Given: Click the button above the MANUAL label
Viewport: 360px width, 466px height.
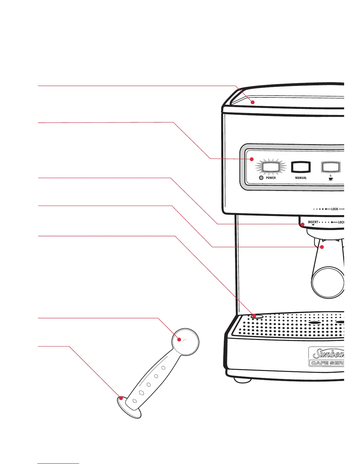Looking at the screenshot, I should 301,167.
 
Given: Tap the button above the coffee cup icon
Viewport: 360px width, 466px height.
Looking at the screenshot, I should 331,167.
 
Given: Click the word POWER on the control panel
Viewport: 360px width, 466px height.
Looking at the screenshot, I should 271,178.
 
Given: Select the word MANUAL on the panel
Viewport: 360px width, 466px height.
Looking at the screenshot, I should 301,178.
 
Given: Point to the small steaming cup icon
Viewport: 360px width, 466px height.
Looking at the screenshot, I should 331,178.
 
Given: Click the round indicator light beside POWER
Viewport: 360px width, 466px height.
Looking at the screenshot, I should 261,178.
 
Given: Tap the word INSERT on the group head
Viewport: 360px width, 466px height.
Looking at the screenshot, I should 313,222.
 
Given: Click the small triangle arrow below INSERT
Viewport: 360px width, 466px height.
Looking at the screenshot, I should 313,225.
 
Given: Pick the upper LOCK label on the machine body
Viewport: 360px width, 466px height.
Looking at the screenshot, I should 335,209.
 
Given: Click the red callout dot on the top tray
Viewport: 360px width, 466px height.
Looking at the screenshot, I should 252,102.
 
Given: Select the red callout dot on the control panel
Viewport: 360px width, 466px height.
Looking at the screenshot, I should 251,159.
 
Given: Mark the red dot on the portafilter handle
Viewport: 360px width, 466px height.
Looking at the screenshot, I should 322,247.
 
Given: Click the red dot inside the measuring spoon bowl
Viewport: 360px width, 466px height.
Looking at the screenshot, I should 179,339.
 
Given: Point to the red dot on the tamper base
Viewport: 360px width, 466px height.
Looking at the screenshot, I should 121,398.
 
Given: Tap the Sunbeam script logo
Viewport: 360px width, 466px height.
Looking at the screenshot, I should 328,354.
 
